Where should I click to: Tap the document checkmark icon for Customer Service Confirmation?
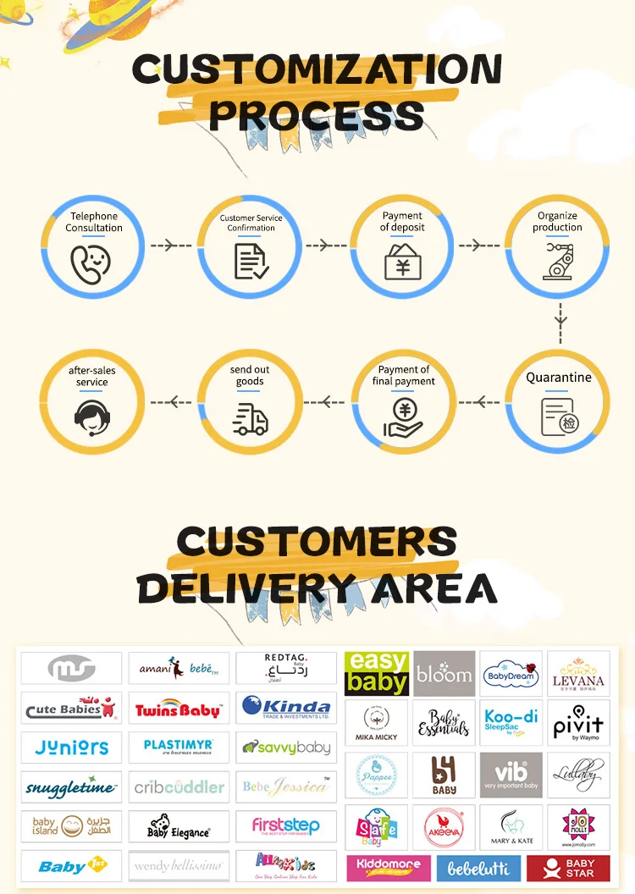tap(251, 262)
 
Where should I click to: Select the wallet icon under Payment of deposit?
tap(404, 261)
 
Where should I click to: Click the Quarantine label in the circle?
tap(559, 378)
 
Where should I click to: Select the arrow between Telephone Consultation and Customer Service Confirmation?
tap(172, 246)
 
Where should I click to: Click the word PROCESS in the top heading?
tap(316, 114)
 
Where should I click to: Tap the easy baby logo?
tap(377, 673)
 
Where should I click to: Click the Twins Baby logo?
tap(179, 709)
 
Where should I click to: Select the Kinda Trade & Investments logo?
tap(285, 708)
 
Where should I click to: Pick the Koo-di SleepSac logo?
tap(511, 722)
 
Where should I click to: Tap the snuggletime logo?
tap(71, 787)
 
